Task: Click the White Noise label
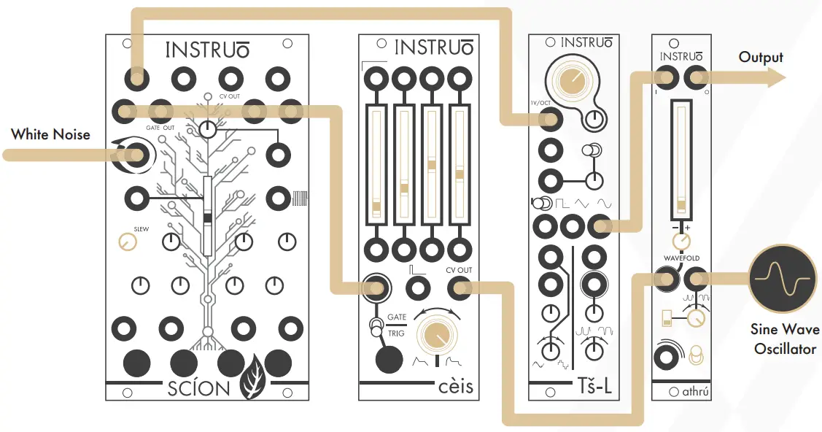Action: [x=50, y=134]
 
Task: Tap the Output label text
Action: [x=761, y=58]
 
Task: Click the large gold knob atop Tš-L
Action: [x=573, y=76]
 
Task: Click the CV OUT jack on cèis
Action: [x=460, y=289]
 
